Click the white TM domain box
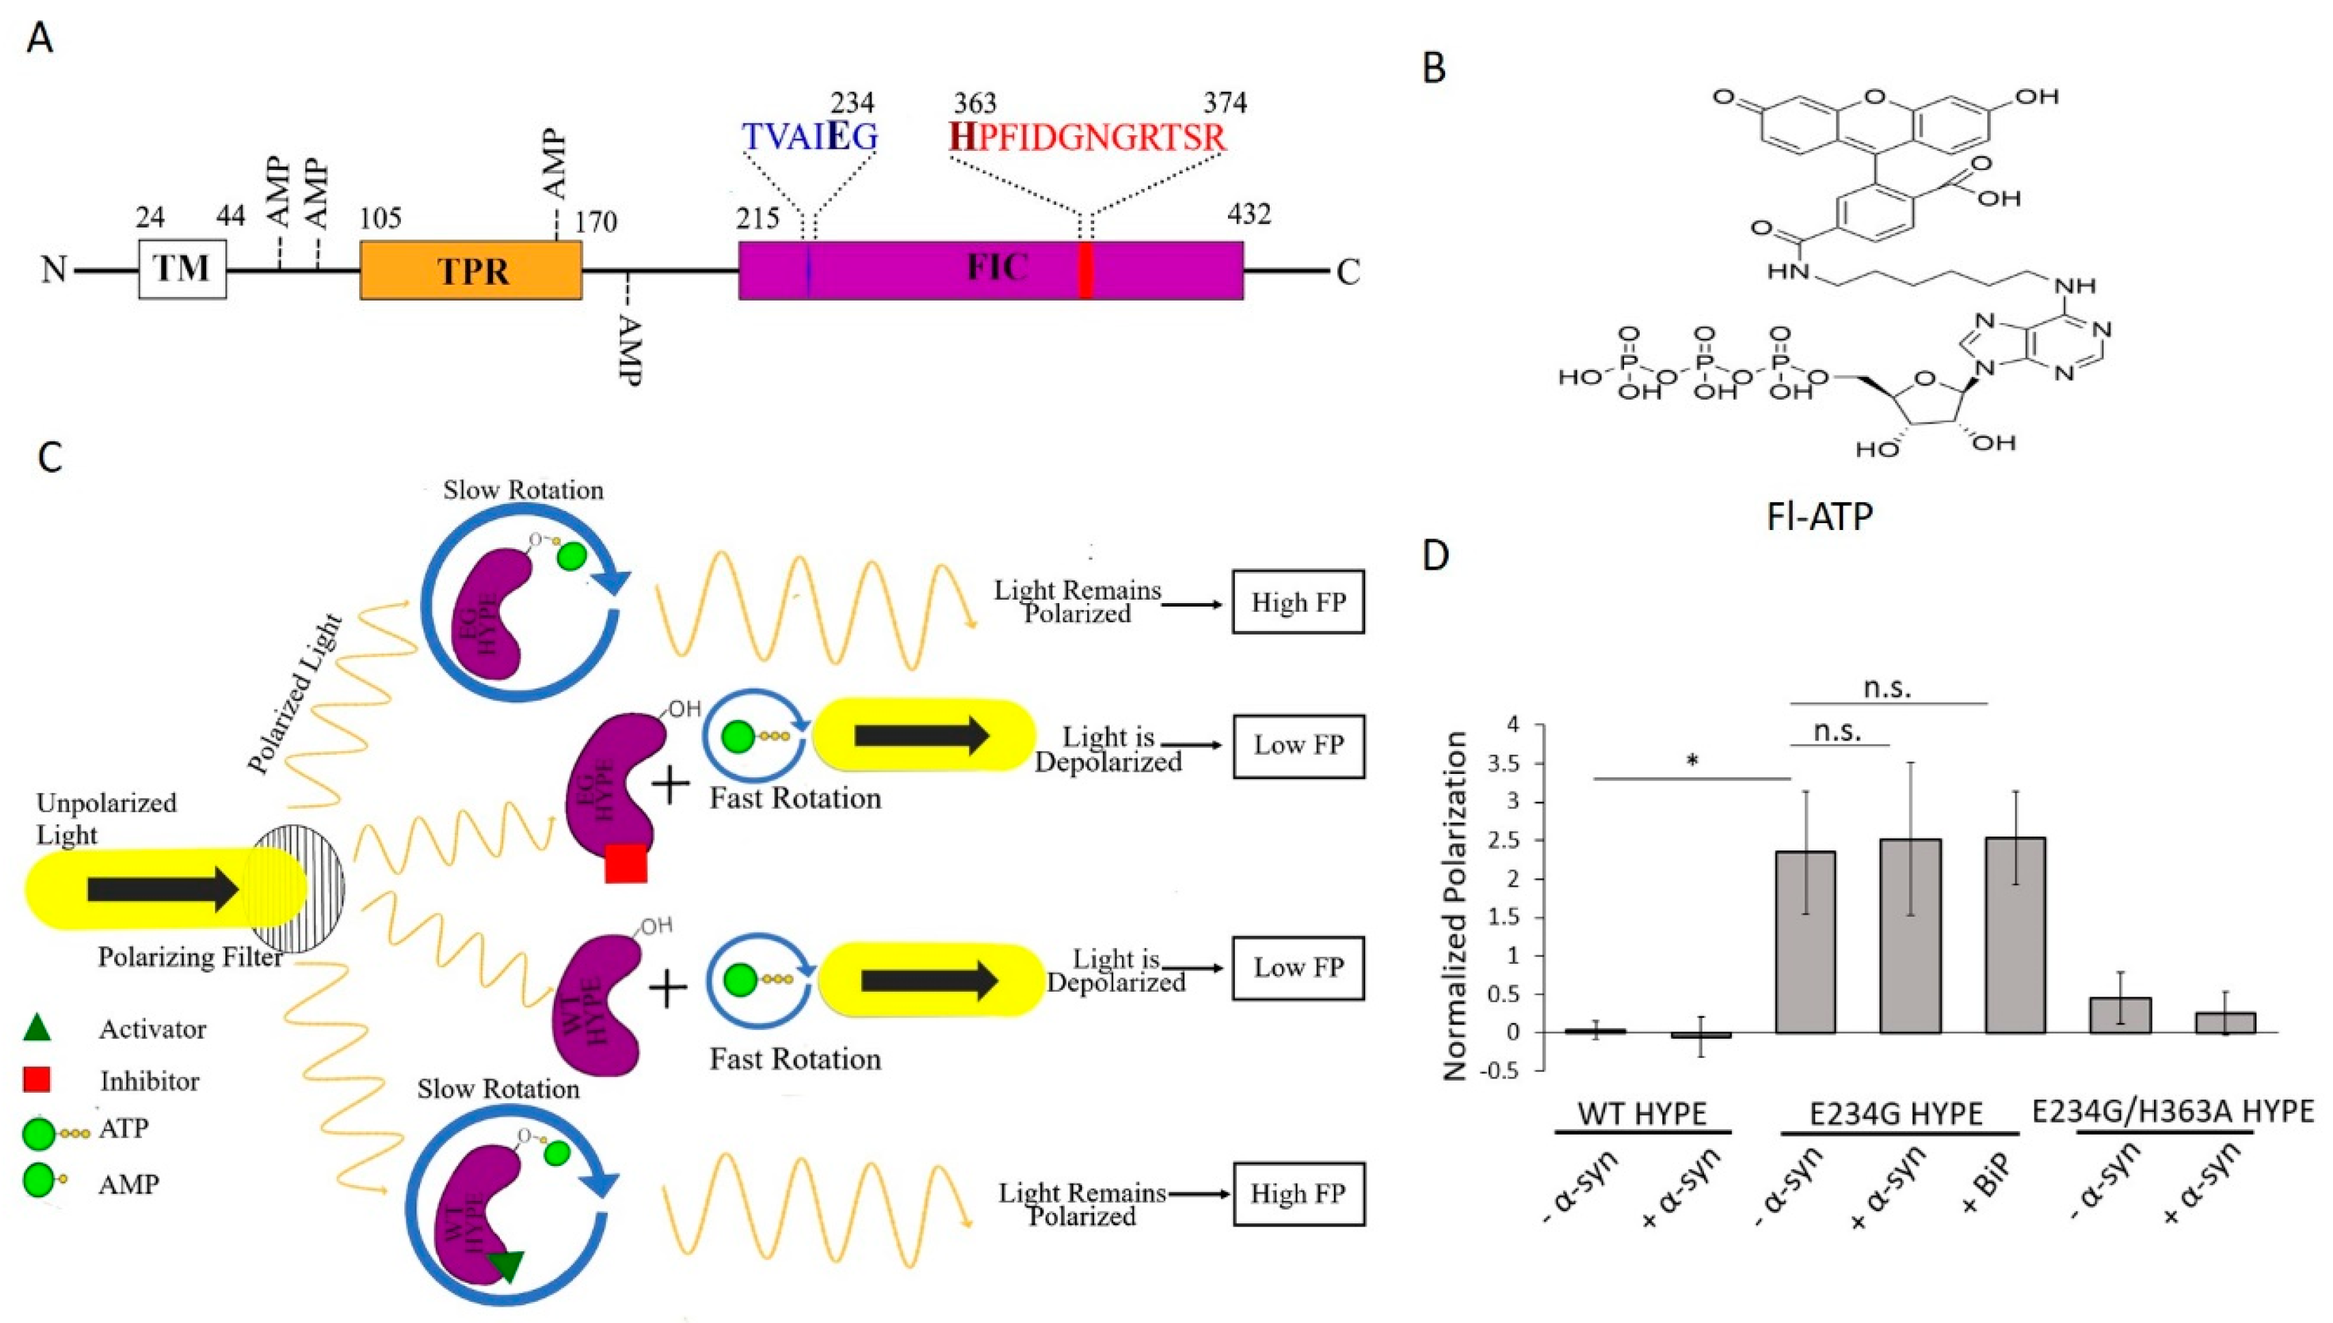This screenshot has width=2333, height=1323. pos(182,269)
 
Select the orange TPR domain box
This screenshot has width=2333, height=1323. pos(471,270)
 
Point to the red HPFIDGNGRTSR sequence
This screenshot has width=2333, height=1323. pos(1087,137)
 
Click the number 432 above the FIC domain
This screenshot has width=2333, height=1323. pos(1248,214)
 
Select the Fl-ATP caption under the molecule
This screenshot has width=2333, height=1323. pos(1819,516)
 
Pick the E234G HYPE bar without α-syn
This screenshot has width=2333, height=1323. pos(1805,945)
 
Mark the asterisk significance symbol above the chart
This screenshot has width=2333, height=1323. pos(1692,762)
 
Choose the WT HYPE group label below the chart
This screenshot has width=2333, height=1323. pos(1642,1114)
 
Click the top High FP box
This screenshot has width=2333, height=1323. pos(1298,602)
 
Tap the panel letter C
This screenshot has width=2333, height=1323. pos(50,456)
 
